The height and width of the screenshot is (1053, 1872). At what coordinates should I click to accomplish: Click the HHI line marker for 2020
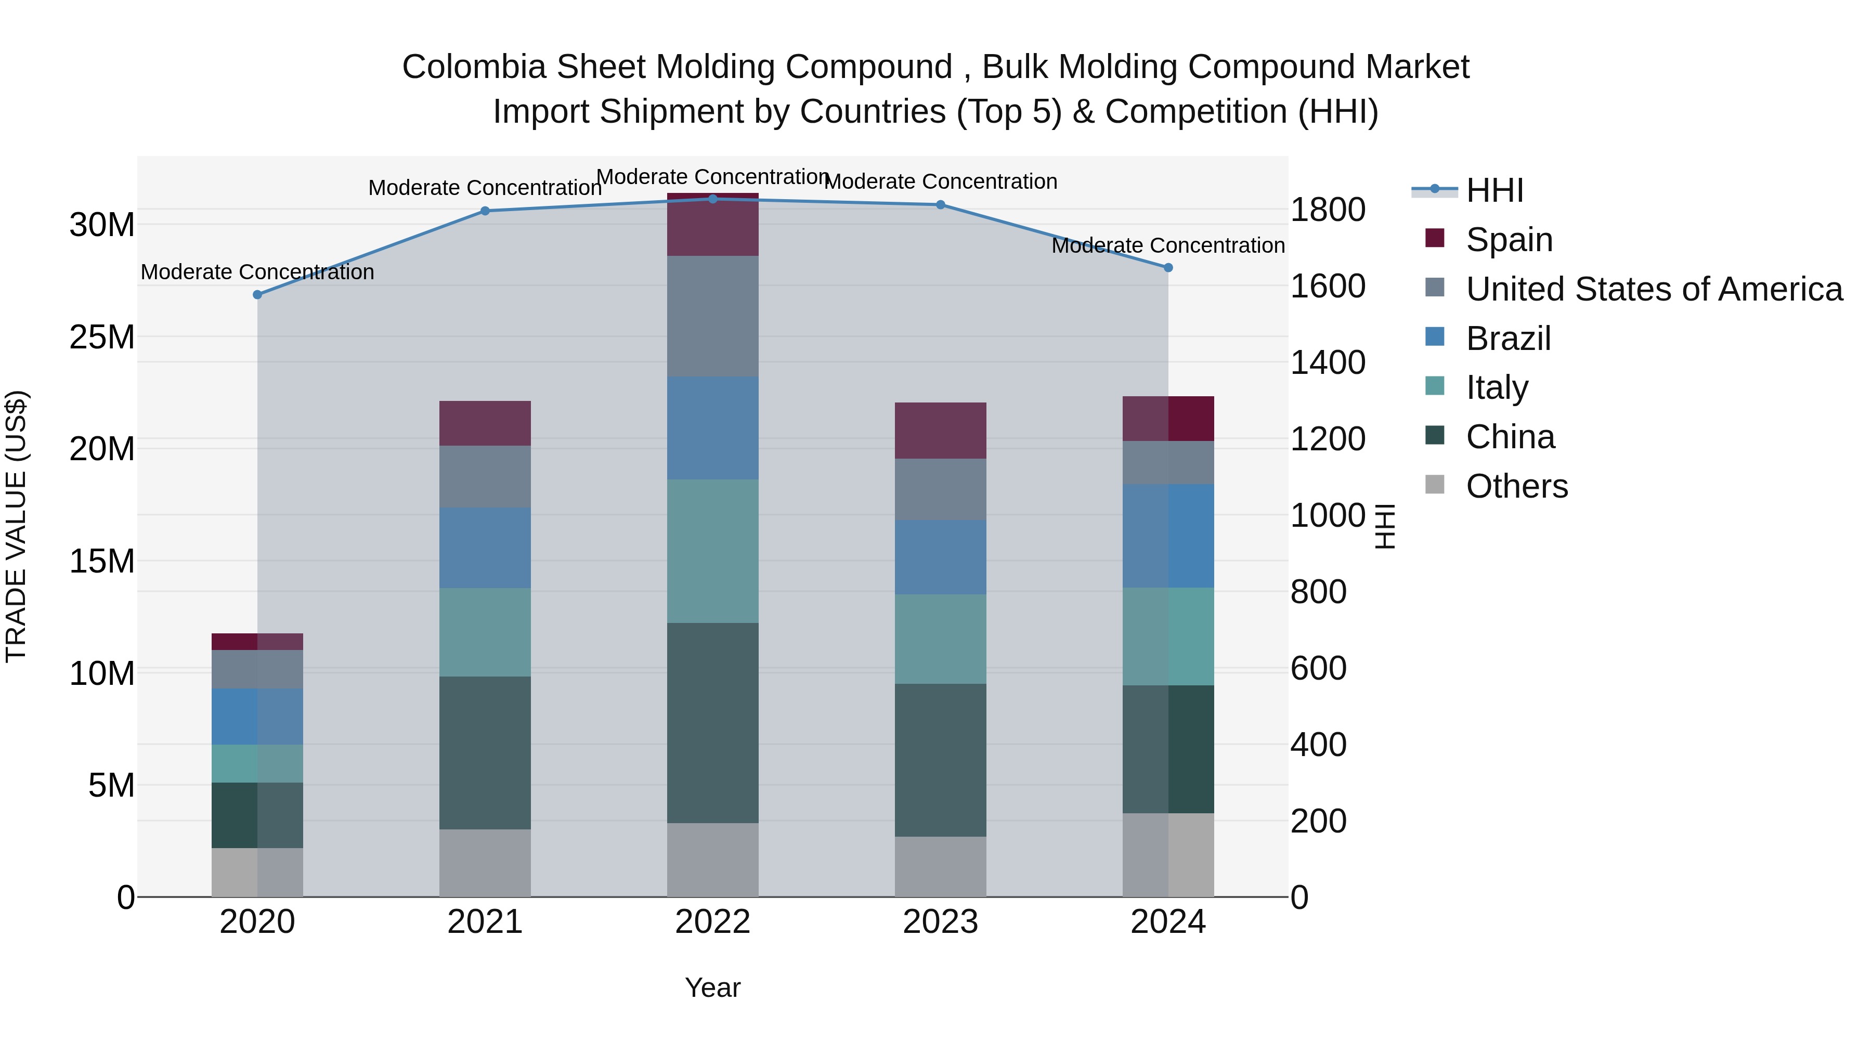tap(257, 294)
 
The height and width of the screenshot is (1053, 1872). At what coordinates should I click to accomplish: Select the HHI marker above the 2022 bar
tap(712, 199)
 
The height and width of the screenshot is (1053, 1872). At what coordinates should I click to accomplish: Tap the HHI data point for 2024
tap(1168, 267)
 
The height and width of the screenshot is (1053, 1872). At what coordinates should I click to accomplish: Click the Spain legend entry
tap(1509, 239)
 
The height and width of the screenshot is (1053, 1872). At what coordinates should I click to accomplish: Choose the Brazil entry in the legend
tap(1508, 338)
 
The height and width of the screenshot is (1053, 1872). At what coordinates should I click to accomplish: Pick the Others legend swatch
tap(1435, 485)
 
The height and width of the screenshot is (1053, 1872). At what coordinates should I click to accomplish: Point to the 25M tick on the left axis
tap(102, 337)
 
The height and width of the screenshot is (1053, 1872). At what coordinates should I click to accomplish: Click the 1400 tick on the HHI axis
tap(1327, 362)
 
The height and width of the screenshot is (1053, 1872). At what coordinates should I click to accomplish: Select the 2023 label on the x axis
tap(940, 922)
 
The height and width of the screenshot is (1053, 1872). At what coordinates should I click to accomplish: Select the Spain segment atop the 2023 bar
tap(940, 430)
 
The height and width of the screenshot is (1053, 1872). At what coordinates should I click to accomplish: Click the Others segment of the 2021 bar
tap(485, 863)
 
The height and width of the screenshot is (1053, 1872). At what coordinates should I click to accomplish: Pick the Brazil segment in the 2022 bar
tap(712, 427)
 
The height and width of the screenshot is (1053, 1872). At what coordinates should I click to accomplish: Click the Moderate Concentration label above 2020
tap(257, 272)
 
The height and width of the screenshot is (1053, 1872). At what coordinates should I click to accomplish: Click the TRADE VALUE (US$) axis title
tap(16, 526)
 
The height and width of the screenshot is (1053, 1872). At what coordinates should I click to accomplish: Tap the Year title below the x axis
tap(712, 987)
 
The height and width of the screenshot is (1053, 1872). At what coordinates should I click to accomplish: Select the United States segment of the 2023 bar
tap(940, 489)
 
